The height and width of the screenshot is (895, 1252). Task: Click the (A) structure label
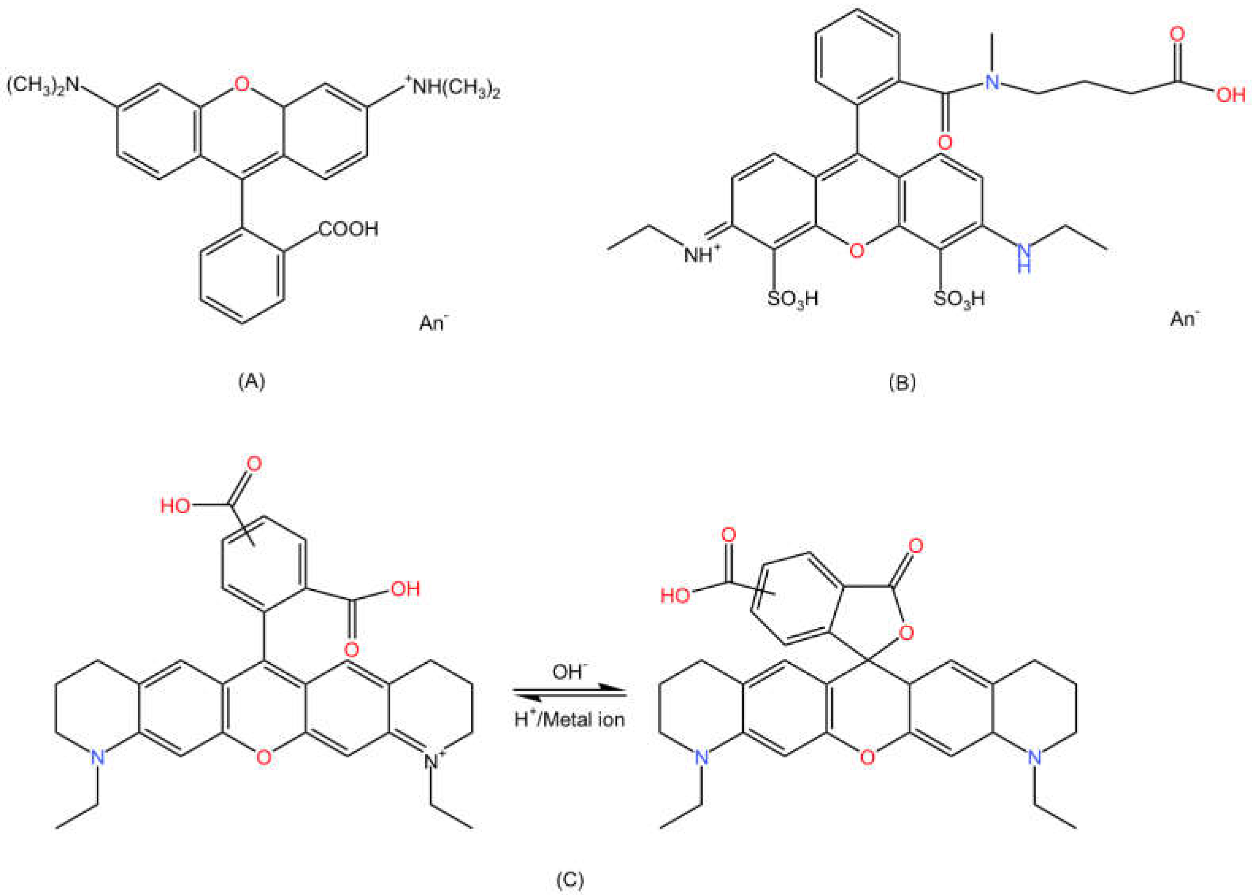click(x=252, y=381)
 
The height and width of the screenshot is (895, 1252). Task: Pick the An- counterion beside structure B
click(x=1185, y=318)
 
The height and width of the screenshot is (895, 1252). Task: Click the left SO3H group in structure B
click(x=793, y=299)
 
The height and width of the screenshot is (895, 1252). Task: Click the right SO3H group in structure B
click(x=959, y=299)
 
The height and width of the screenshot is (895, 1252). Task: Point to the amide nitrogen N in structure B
click(x=992, y=83)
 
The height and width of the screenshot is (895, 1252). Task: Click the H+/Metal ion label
click(x=569, y=719)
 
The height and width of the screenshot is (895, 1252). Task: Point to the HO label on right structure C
click(x=676, y=595)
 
